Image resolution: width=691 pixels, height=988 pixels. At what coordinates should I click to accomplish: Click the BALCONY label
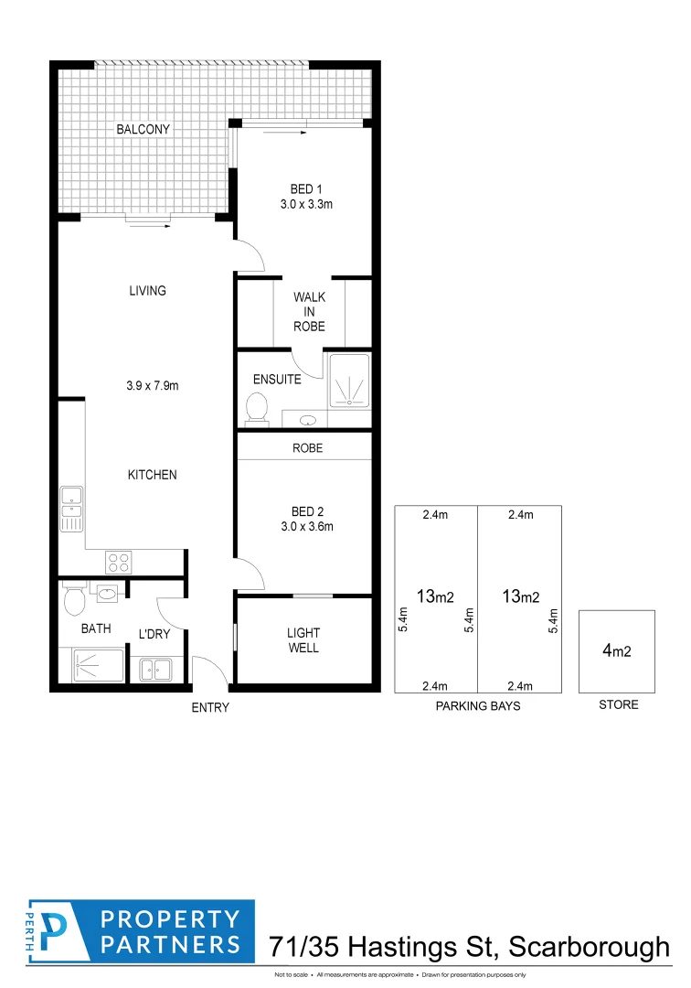[x=143, y=130]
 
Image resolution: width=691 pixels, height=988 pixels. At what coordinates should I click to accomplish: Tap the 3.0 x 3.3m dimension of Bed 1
[x=306, y=205]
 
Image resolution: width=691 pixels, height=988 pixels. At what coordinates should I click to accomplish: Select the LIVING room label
[x=147, y=291]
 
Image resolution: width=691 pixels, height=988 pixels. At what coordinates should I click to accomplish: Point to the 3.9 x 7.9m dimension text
[x=152, y=386]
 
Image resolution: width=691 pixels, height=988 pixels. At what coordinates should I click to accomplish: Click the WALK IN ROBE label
[x=309, y=312]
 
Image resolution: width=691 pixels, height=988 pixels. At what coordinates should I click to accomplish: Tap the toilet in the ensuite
[x=257, y=408]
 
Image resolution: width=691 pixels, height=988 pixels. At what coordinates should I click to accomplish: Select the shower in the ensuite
[x=349, y=380]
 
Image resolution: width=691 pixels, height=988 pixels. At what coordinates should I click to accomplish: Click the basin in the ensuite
[x=309, y=420]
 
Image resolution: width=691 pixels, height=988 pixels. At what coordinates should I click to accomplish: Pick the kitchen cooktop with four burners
[x=119, y=561]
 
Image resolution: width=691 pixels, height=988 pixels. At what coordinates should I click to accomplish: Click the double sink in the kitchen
[x=71, y=510]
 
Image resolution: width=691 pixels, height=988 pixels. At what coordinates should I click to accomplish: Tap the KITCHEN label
[x=152, y=475]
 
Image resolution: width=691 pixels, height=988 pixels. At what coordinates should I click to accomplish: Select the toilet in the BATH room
[x=74, y=598]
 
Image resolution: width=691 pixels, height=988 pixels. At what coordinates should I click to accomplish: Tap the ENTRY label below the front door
[x=210, y=707]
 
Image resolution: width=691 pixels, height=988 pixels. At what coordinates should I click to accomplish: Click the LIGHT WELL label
[x=303, y=640]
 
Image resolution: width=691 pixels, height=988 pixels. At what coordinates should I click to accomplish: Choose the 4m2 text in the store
[x=616, y=651]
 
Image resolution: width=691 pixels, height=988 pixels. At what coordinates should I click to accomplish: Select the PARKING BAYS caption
[x=477, y=705]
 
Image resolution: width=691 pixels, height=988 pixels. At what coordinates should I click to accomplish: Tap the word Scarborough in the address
[x=588, y=946]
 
